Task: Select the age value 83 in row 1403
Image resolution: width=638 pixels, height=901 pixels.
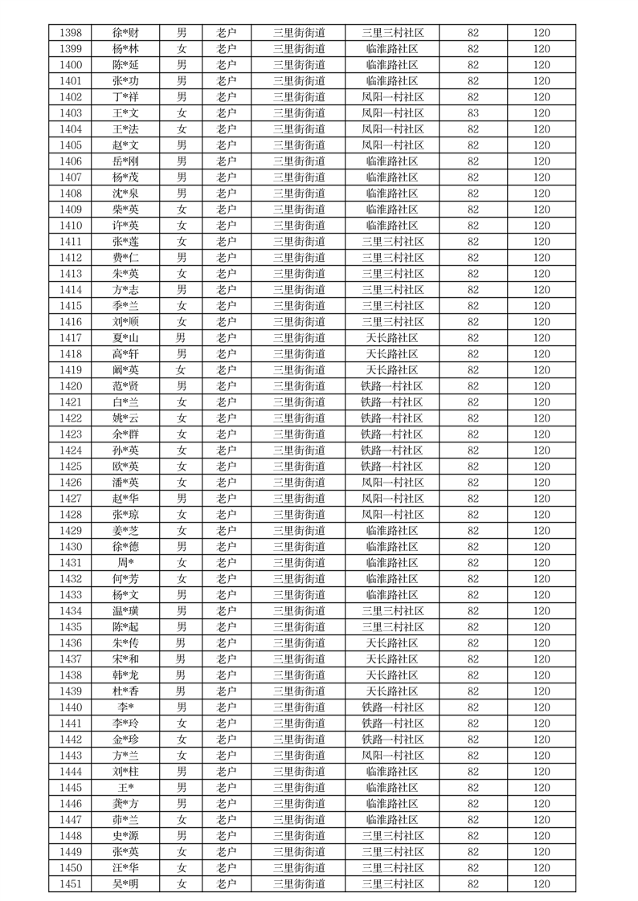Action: pyautogui.click(x=472, y=113)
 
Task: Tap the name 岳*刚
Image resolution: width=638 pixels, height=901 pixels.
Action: pyautogui.click(x=125, y=161)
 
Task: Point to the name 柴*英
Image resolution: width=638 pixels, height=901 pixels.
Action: pyautogui.click(x=125, y=210)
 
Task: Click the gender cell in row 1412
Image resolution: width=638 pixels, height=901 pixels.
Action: pyautogui.click(x=182, y=258)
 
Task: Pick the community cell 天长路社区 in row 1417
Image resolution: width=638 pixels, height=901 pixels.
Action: pyautogui.click(x=392, y=338)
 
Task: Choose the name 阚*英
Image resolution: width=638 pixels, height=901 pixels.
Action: pyautogui.click(x=125, y=370)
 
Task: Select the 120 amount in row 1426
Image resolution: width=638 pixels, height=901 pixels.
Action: pyautogui.click(x=542, y=483)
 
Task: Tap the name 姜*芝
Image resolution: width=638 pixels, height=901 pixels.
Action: pyautogui.click(x=125, y=531)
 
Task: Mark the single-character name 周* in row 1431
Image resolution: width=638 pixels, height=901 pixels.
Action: pyautogui.click(x=125, y=563)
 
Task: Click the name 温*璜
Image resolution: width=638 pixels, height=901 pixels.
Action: pyautogui.click(x=125, y=611)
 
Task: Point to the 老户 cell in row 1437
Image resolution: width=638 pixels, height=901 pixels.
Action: pyautogui.click(x=227, y=659)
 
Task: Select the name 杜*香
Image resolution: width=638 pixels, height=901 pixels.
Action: pyautogui.click(x=125, y=691)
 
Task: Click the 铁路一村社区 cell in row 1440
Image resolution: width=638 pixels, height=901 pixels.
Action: pyautogui.click(x=392, y=707)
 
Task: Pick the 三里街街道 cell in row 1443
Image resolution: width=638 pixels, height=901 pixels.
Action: pyautogui.click(x=299, y=756)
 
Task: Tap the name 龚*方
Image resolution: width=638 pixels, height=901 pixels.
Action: pyautogui.click(x=125, y=804)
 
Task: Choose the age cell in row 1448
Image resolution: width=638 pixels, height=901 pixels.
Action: pyautogui.click(x=472, y=836)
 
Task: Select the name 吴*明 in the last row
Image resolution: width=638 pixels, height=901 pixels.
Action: pyautogui.click(x=125, y=884)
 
